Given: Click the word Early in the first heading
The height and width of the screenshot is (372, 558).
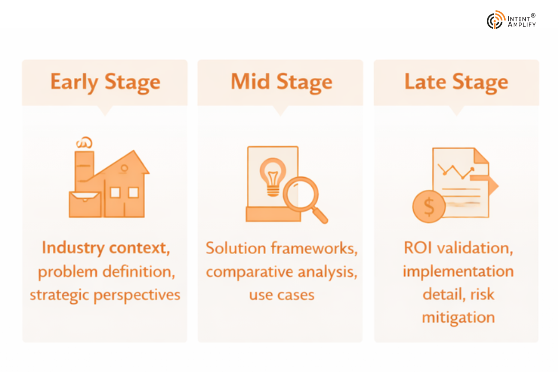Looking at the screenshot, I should [74, 82].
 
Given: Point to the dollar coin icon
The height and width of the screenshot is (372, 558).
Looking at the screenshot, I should [429, 206].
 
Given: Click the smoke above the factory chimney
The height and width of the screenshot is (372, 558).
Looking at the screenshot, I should [84, 143].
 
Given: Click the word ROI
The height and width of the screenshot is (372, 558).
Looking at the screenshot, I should [418, 248].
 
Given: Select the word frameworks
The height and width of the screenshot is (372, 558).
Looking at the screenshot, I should [314, 248].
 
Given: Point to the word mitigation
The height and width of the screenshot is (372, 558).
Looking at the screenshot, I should [458, 318].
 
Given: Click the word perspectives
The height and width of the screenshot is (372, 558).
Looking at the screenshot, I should [137, 295].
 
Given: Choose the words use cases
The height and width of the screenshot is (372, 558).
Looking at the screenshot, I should [282, 295].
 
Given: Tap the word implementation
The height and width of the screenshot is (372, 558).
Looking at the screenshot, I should [458, 272].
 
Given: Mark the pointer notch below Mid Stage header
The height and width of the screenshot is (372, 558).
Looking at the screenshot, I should [280, 110].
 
